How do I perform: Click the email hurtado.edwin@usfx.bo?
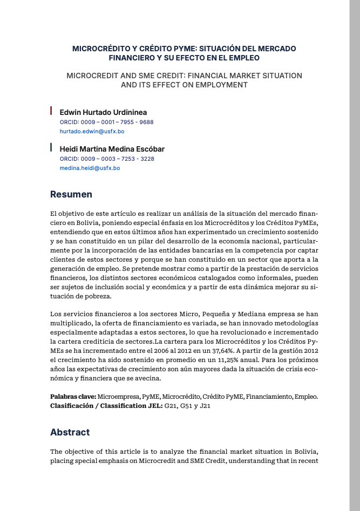tap(92, 131)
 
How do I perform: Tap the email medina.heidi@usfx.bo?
tap(90, 168)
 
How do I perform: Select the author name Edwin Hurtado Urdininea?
tap(103, 112)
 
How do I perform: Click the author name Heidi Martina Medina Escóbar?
tap(112, 149)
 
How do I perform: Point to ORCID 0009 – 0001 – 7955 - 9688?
tap(106, 122)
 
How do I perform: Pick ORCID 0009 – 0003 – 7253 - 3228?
tap(107, 159)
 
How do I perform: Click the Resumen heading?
tap(71, 194)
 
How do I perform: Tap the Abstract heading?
tap(70, 432)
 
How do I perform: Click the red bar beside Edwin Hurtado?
tap(51, 111)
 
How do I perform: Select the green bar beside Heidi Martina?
tap(51, 147)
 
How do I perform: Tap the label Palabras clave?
tap(73, 397)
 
